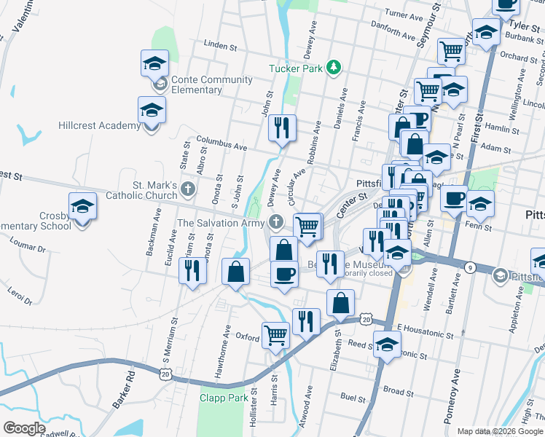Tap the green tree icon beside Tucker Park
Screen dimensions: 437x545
tap(334, 67)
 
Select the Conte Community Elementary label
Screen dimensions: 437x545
tap(197, 84)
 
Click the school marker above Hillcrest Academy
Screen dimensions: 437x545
tap(152, 111)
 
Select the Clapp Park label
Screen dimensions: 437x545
tap(223, 398)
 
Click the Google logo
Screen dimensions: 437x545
tap(24, 428)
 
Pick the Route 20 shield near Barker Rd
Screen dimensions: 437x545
tap(165, 374)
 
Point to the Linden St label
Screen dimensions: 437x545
tap(221, 45)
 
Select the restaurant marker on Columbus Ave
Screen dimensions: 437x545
tap(281, 128)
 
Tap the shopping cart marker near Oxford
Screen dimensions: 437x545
tap(275, 335)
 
